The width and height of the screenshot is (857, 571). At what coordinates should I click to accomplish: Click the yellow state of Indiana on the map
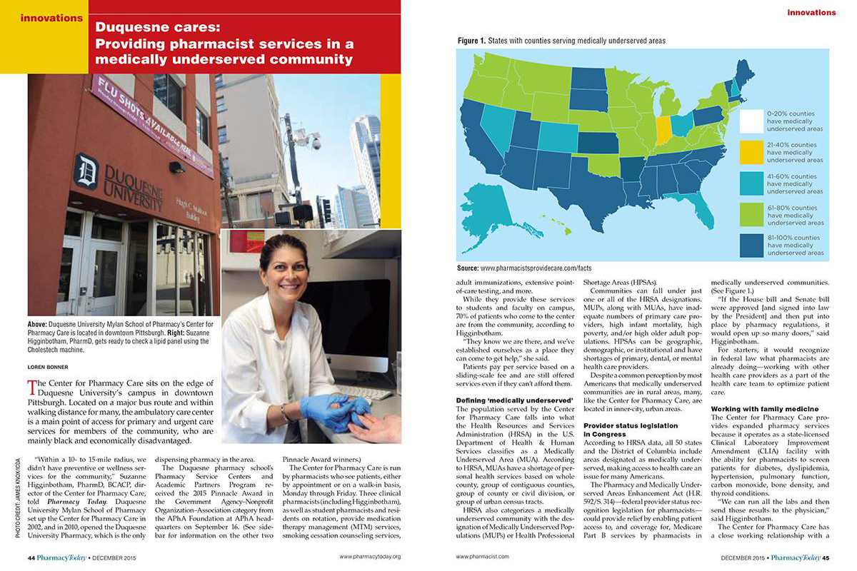point(663,130)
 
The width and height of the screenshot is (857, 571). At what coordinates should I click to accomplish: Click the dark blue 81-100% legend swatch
point(751,245)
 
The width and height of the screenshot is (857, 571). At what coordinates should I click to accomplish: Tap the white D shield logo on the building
point(86,171)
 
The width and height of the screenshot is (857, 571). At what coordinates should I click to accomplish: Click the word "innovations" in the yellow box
point(51,18)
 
